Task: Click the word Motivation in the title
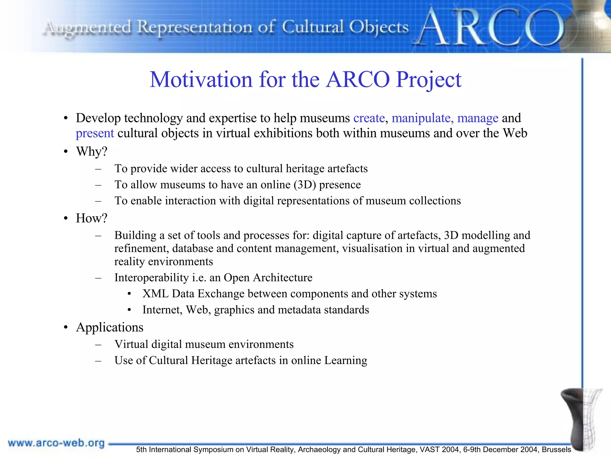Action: click(201, 80)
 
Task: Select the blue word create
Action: click(369, 118)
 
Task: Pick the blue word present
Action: click(95, 133)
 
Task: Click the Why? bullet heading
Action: click(92, 151)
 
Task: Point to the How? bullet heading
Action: click(91, 218)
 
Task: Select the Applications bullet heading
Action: click(109, 327)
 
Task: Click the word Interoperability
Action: click(152, 278)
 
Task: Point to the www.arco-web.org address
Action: click(56, 443)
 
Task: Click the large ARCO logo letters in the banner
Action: click(489, 28)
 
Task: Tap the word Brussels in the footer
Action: click(556, 450)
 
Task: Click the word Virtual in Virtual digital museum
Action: click(131, 345)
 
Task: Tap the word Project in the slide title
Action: click(428, 80)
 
